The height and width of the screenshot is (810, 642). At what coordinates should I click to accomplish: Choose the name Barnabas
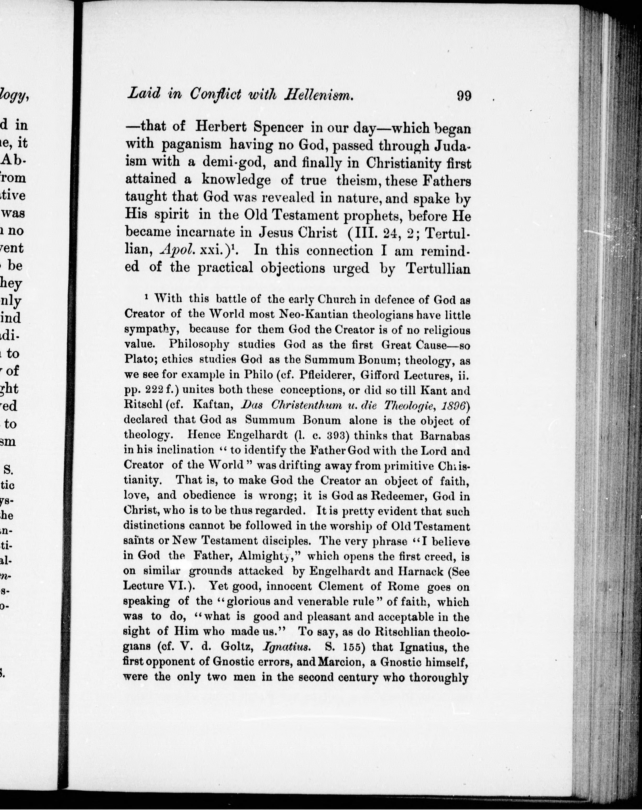[x=445, y=436]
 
